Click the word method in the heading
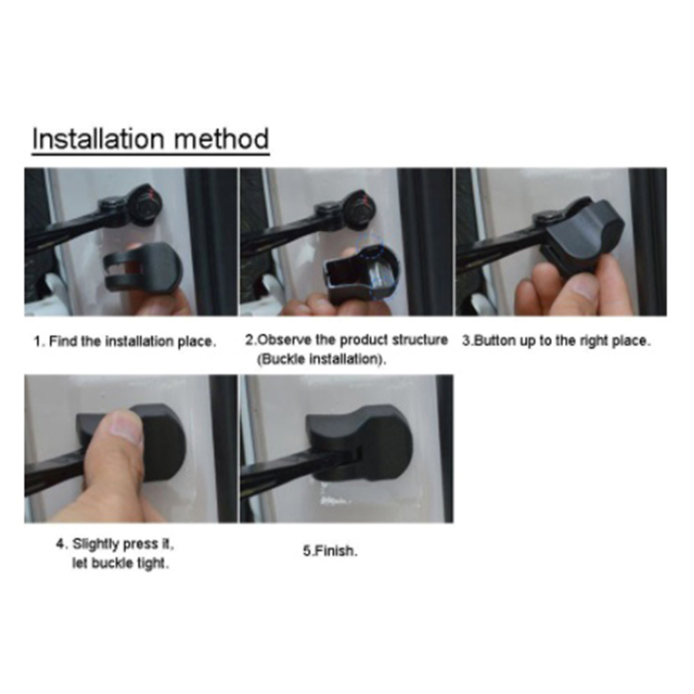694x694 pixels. click(x=222, y=139)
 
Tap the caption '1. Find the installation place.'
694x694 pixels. click(x=125, y=341)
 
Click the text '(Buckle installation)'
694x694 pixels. click(x=321, y=359)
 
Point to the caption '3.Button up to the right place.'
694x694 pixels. click(x=556, y=341)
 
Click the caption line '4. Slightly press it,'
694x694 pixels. click(x=115, y=544)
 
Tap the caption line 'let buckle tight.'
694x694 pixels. click(x=121, y=563)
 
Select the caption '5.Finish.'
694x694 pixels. click(x=330, y=551)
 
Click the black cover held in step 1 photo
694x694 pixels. click(x=144, y=269)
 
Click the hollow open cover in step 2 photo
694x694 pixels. click(x=359, y=274)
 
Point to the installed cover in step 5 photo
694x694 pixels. click(x=359, y=444)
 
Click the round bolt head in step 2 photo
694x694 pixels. click(x=361, y=206)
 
